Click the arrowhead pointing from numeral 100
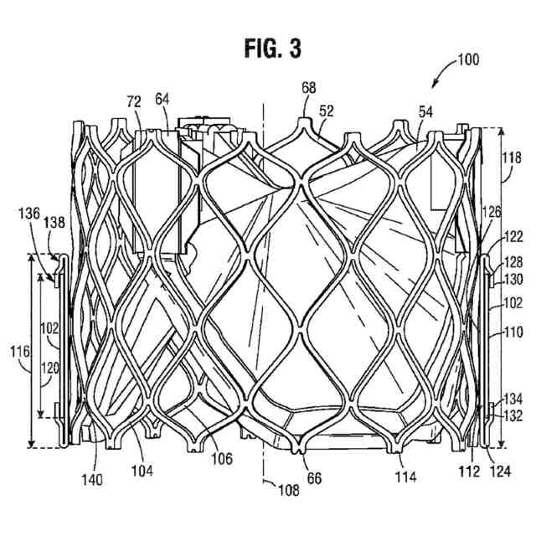point(434,85)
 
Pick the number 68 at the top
point(309,87)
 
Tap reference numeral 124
point(498,471)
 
